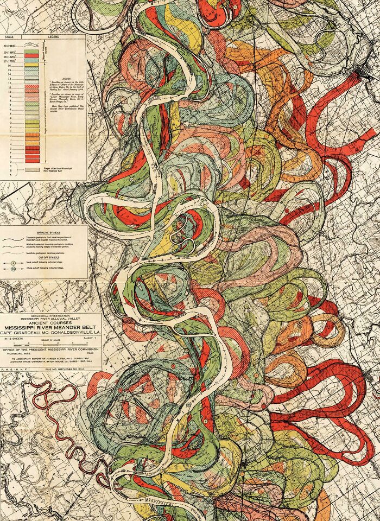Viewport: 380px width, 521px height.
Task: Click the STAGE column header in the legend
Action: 9,36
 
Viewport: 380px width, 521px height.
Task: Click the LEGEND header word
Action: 54,36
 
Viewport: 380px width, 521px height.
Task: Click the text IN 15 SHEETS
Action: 16,338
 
